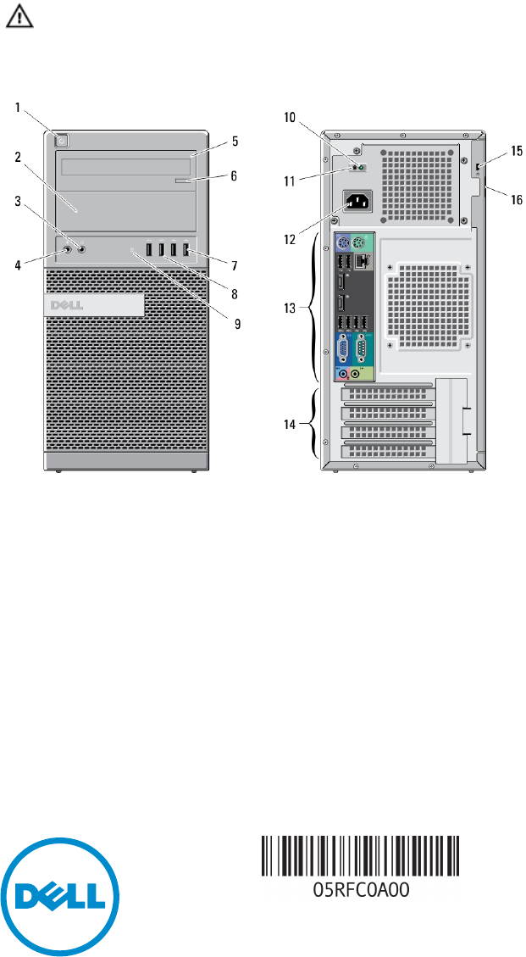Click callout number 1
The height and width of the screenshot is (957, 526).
pos(19,108)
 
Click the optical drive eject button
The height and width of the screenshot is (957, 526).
pos(183,181)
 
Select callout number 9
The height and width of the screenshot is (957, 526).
pos(237,323)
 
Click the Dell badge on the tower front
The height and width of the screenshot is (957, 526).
pos(94,304)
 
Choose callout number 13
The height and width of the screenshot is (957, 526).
pos(291,309)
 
